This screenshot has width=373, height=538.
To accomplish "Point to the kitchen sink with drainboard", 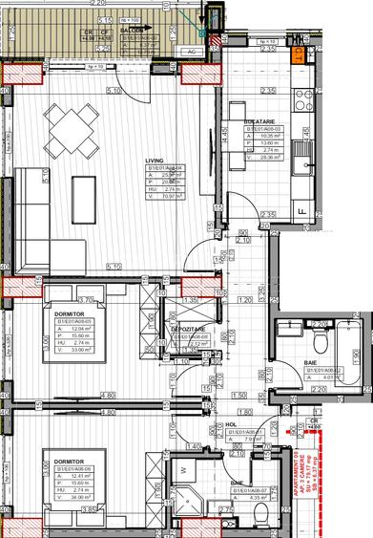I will click(304, 153).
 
